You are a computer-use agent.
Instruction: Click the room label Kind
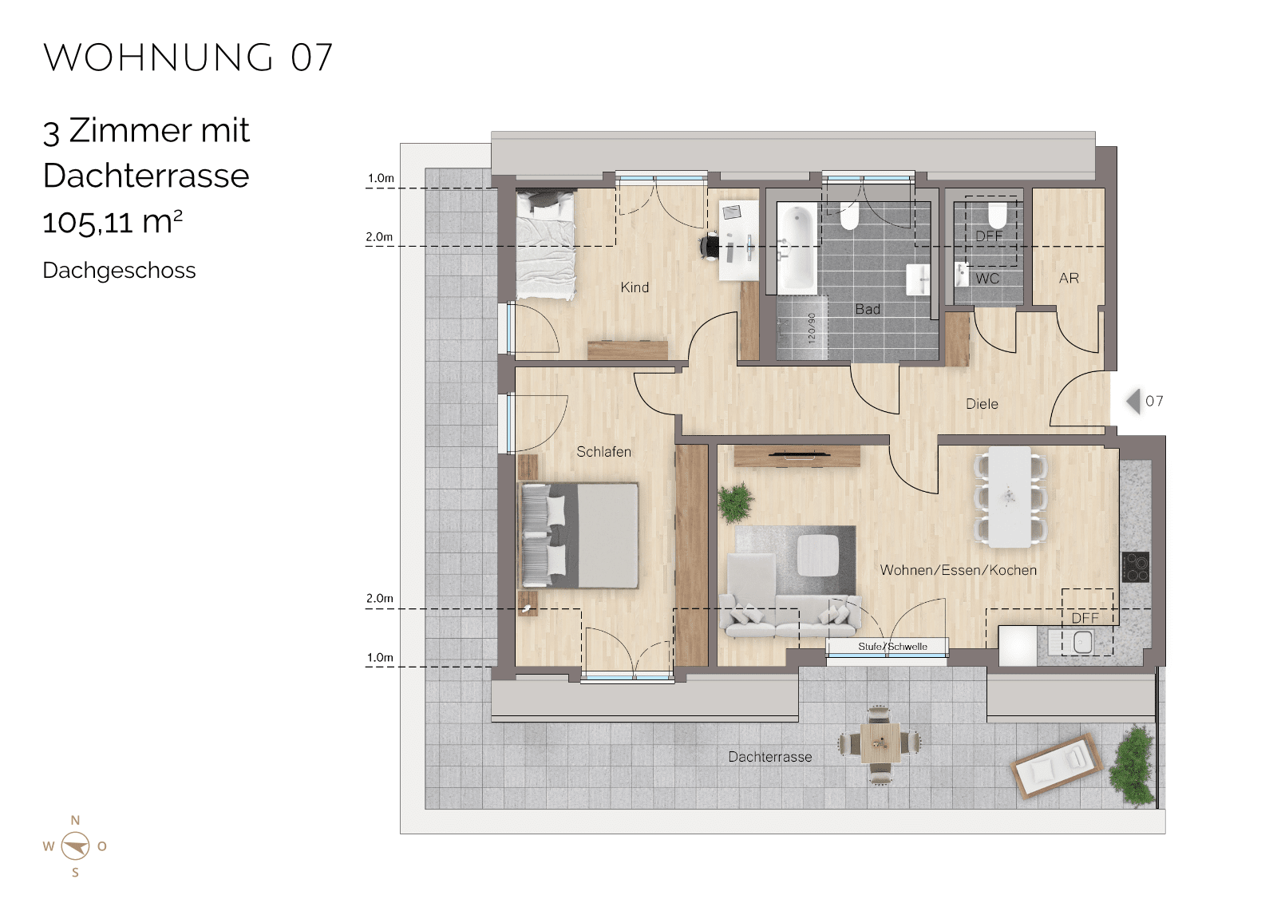pos(635,287)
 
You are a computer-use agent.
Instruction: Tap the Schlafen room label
pos(603,452)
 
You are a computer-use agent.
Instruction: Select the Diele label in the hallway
pos(982,405)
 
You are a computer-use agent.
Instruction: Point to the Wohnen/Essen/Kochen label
pos(958,570)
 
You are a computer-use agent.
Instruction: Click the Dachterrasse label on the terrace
pos(769,757)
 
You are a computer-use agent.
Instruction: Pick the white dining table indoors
pos(1010,497)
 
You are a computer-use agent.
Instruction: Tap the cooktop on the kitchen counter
pos(1135,567)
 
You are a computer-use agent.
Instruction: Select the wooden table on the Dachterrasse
pos(880,743)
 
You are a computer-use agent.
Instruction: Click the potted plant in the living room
pos(736,502)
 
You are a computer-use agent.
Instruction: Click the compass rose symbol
pos(75,846)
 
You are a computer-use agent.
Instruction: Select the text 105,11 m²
pos(113,222)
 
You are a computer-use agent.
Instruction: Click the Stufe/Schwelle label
pos(892,647)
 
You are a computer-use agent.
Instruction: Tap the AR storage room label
pos(1069,279)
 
